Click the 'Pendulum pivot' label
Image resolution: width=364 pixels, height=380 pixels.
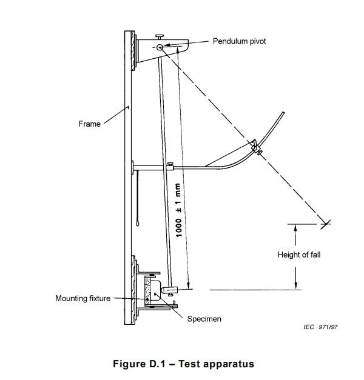[239, 41]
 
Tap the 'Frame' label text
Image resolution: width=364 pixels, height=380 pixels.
[89, 124]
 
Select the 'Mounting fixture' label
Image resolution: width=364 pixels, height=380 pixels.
[83, 298]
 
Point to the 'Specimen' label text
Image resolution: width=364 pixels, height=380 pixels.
[204, 319]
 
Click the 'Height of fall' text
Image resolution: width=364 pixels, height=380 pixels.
[299, 255]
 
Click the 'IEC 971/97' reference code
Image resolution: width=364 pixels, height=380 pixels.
[320, 327]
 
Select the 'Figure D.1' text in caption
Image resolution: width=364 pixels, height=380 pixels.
[144, 364]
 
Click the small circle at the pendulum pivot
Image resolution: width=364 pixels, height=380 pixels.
[159, 47]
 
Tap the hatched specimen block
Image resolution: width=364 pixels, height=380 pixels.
[146, 290]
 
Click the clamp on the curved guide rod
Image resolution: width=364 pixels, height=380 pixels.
[255, 146]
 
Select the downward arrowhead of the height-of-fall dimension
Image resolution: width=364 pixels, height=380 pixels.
[295, 286]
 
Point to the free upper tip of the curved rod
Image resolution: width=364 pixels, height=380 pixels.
[285, 112]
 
